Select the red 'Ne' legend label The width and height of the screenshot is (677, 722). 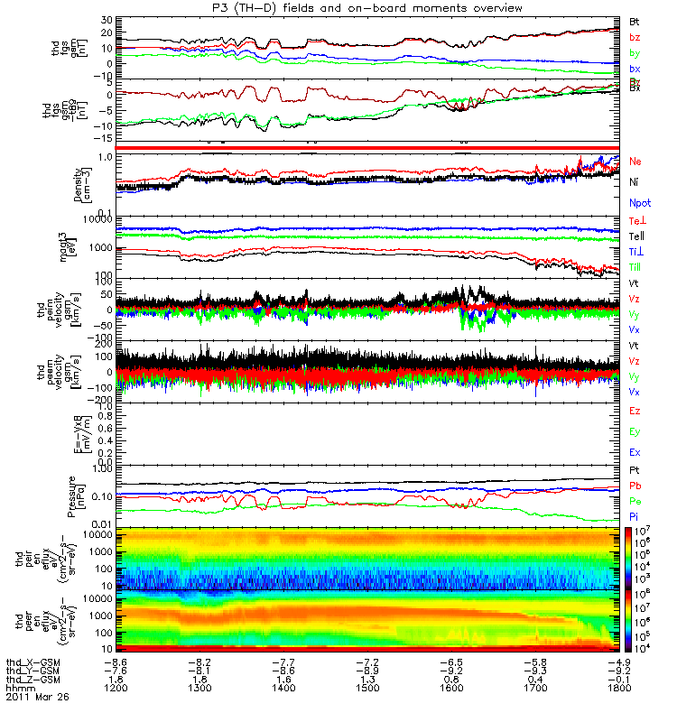pos(635,162)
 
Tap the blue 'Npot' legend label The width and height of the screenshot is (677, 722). pos(638,203)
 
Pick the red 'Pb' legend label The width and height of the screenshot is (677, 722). pos(635,487)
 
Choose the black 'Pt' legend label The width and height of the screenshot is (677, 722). pos(635,472)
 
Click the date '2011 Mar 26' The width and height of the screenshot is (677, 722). pos(37,698)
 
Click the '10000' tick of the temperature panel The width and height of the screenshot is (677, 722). pos(98,219)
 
